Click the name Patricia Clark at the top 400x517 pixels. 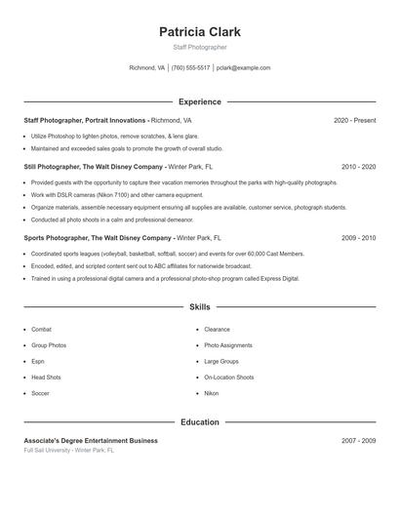(200, 31)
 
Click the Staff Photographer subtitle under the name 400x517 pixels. (200, 47)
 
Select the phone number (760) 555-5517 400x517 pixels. (191, 68)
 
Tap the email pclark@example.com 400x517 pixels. (244, 68)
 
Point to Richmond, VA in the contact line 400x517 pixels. (147, 68)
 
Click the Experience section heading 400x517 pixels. (200, 101)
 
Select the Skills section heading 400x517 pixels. (200, 306)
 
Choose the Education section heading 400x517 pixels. (200, 422)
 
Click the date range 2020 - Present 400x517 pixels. (354, 120)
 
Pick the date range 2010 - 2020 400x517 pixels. (358, 167)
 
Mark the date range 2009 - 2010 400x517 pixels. (358, 238)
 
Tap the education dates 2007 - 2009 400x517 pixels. (358, 441)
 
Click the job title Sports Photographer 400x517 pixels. (58, 238)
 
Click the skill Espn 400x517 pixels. (39, 361)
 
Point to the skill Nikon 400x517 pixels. (211, 393)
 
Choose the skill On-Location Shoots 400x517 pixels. (228, 378)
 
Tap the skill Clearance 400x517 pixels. (217, 330)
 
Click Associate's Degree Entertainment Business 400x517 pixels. (91, 441)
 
